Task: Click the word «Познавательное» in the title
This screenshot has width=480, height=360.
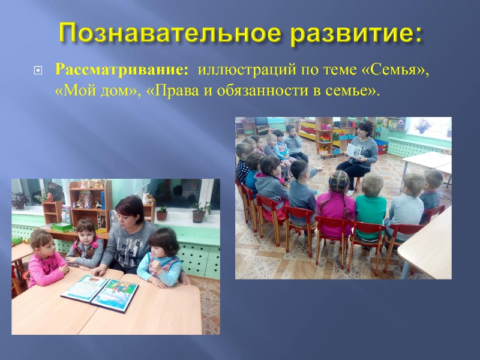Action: tap(170, 33)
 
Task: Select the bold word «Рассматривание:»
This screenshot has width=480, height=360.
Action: tap(122, 70)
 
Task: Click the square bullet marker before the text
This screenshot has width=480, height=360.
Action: tap(38, 71)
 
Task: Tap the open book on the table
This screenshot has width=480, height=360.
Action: tap(100, 292)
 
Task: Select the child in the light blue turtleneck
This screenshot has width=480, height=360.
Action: tap(161, 259)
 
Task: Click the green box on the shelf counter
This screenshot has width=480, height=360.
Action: tap(62, 227)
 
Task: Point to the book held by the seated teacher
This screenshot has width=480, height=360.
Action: tap(355, 151)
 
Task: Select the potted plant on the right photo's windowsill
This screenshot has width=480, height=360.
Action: tap(423, 126)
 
